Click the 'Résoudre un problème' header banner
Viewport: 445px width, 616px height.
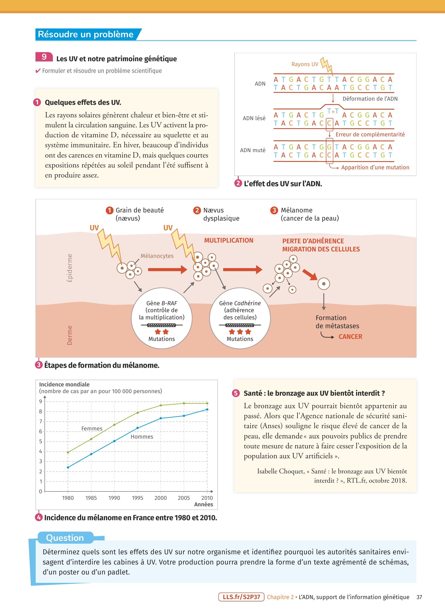(86, 35)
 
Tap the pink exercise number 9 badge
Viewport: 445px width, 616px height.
(44, 57)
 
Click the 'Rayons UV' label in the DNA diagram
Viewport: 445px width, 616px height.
(305, 64)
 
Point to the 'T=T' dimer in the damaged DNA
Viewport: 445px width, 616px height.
(333, 111)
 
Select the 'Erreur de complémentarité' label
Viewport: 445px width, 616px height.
(370, 135)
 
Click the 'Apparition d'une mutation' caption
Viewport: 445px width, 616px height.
(375, 168)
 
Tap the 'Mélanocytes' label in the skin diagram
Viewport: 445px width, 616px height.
(157, 256)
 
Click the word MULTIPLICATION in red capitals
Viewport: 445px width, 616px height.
(229, 240)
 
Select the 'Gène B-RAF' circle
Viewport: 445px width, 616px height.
(162, 318)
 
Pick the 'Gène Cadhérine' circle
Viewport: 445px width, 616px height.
(240, 318)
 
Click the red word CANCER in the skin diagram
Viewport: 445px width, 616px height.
(350, 337)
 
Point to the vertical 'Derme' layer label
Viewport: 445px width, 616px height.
(70, 335)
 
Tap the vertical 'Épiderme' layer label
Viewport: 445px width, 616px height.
(70, 268)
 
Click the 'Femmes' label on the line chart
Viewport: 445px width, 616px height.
(92, 429)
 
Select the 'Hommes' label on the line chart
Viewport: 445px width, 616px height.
(142, 437)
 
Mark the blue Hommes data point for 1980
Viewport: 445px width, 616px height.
(68, 467)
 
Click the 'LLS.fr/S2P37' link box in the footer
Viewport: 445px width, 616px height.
(241, 597)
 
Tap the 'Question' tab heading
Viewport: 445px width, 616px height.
(65, 538)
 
